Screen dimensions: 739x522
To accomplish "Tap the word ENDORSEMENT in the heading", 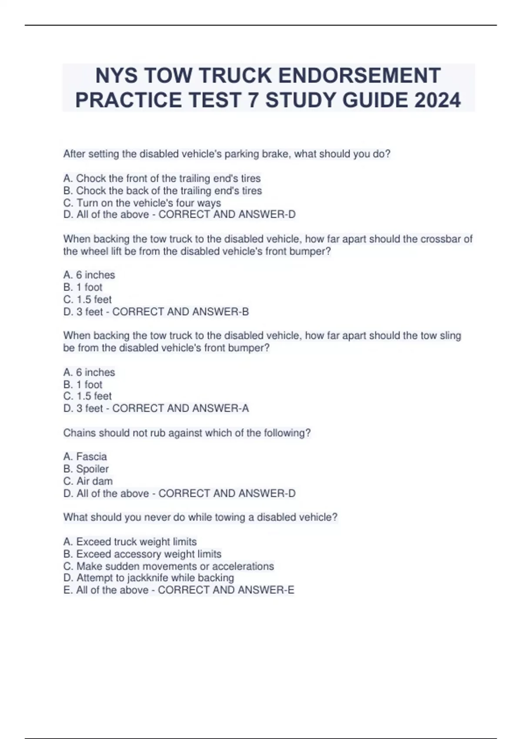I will pyautogui.click(x=359, y=75).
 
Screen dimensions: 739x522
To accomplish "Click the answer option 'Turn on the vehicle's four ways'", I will pyautogui.click(x=142, y=203).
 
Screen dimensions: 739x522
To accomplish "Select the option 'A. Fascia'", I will pyautogui.click(x=85, y=456).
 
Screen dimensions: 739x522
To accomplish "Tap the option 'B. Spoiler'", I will pyautogui.click(x=86, y=469).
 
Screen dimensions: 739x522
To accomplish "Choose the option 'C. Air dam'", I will pyautogui.click(x=88, y=481).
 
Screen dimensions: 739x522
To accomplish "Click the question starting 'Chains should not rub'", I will pyautogui.click(x=187, y=433).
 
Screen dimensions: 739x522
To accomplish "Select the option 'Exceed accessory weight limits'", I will pyautogui.click(x=142, y=554).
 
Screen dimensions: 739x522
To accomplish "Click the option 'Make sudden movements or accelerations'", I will pyautogui.click(x=169, y=566).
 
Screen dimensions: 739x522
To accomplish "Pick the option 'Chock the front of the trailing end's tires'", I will pyautogui.click(x=162, y=178).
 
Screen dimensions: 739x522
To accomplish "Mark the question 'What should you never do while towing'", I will pyautogui.click(x=200, y=517).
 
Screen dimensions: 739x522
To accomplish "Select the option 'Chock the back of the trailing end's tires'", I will pyautogui.click(x=163, y=190).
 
